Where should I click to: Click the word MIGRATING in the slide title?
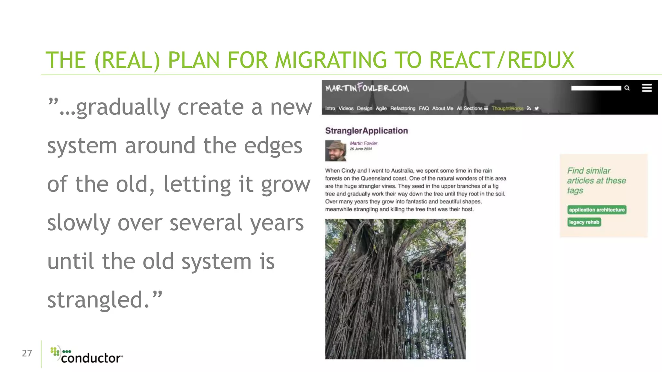coord(331,60)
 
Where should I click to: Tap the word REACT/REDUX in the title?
coord(501,60)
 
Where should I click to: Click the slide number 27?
coord(27,353)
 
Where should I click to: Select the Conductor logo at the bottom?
coord(87,355)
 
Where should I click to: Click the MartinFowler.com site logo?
coord(367,88)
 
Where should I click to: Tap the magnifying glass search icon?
coord(627,88)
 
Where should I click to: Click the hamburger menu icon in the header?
coord(646,88)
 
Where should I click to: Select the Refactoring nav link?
coord(402,108)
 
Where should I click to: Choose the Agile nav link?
coord(381,108)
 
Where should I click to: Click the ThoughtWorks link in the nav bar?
coord(507,108)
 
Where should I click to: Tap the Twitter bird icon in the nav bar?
coord(537,108)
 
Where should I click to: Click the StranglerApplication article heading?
coord(366,131)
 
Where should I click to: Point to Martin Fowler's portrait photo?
coord(335,150)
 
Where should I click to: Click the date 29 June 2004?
coord(360,149)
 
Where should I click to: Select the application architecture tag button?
coord(597,210)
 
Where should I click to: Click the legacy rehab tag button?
coord(584,222)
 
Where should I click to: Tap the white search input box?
coord(596,88)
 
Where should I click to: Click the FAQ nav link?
coord(423,108)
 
